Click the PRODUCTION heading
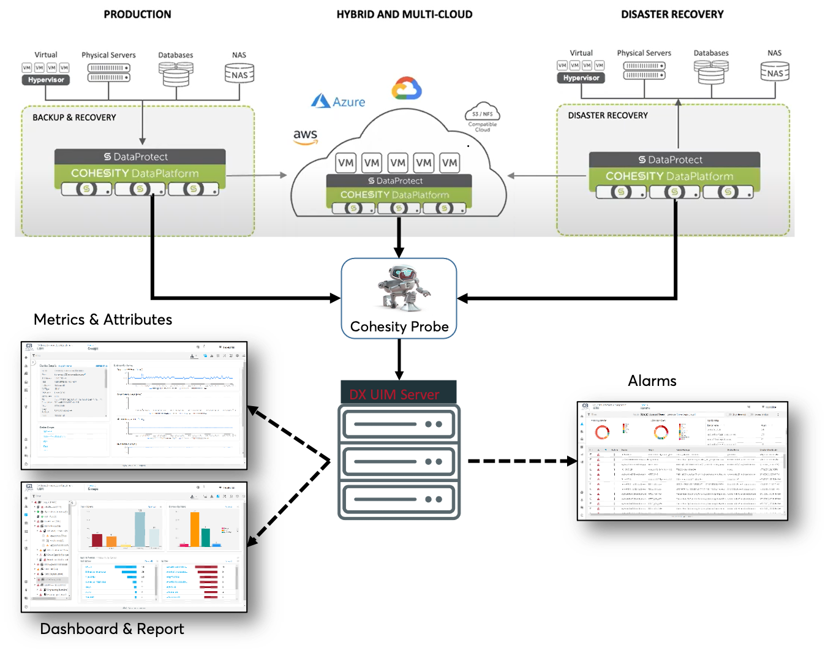click(x=137, y=14)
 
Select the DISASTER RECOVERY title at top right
click(x=672, y=14)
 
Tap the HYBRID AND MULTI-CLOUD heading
click(x=404, y=14)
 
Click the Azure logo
click(x=338, y=101)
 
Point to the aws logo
click(x=305, y=136)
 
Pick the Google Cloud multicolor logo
click(x=407, y=88)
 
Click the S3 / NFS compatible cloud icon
click(x=483, y=114)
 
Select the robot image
click(x=404, y=288)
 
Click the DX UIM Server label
click(x=394, y=394)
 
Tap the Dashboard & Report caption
click(x=111, y=629)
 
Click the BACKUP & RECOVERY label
click(x=74, y=118)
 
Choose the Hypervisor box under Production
click(x=46, y=80)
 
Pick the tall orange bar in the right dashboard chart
click(x=195, y=529)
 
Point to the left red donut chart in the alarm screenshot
click(x=602, y=432)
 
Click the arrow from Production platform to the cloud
click(x=256, y=175)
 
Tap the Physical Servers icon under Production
click(x=108, y=73)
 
